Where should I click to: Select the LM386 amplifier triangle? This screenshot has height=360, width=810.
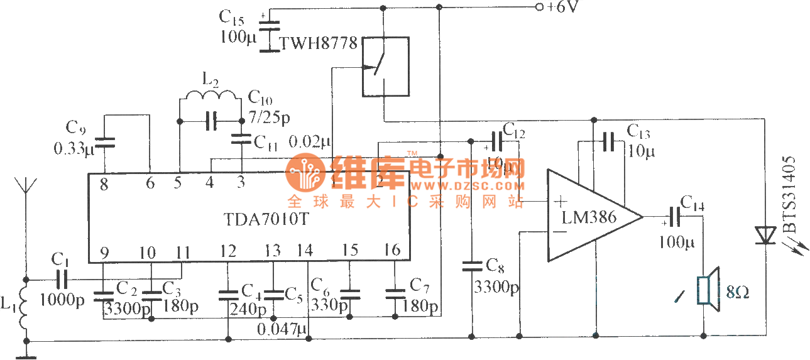coord(591,217)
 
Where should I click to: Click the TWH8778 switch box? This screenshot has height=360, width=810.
coord(385,67)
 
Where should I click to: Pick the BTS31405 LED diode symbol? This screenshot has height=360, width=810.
coord(766,235)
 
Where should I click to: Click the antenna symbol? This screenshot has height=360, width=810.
coord(25,187)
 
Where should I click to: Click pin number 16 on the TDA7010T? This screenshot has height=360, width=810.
coord(392,250)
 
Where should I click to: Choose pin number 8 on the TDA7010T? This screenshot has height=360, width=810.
coord(104,185)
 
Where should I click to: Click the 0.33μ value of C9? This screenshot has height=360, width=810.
coord(73,150)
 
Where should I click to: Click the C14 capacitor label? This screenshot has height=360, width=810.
coord(692,204)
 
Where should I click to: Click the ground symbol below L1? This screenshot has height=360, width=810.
coord(26,357)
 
